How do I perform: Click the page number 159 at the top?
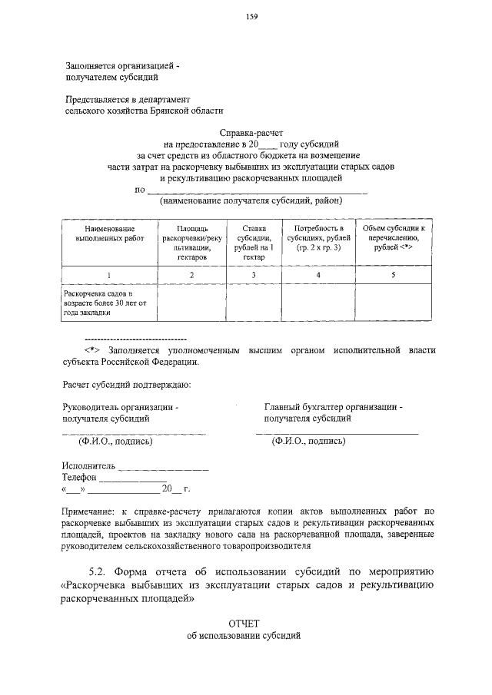point(251,18)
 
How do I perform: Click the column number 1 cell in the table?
point(109,275)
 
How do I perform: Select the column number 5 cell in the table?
point(393,275)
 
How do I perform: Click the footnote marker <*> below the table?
point(93,350)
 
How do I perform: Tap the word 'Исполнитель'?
point(89,466)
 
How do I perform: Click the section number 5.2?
point(98,572)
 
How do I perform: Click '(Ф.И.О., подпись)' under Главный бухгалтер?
point(308,442)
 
